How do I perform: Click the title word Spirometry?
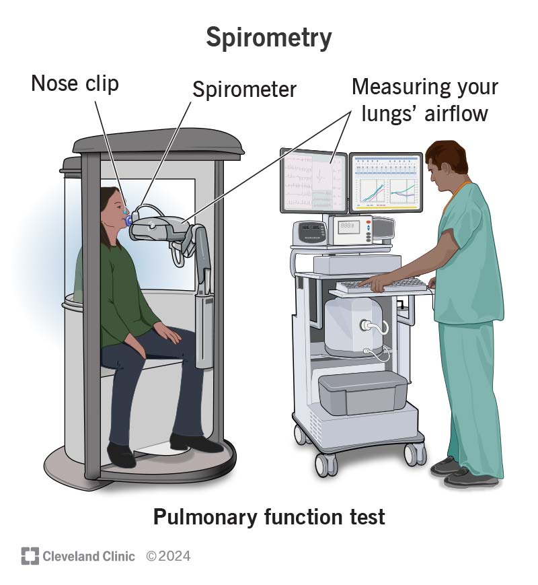pyautogui.click(x=269, y=38)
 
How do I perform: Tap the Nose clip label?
pyautogui.click(x=75, y=83)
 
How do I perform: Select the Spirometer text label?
pyautogui.click(x=244, y=90)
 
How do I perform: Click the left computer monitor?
pyautogui.click(x=313, y=180)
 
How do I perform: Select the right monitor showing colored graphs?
pyautogui.click(x=385, y=182)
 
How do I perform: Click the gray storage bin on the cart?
pyautogui.click(x=363, y=394)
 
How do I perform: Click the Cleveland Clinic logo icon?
pyautogui.click(x=29, y=556)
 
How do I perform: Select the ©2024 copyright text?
pyautogui.click(x=168, y=556)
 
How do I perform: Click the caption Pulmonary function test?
pyautogui.click(x=269, y=517)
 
